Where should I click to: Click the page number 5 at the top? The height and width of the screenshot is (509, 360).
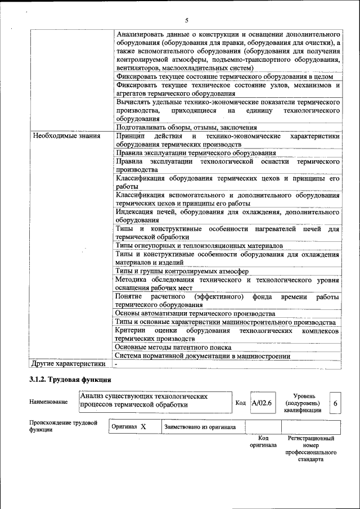pyautogui.click(x=186, y=20)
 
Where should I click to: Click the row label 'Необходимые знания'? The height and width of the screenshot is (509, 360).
pyautogui.click(x=66, y=136)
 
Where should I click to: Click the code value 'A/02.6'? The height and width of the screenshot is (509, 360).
pyautogui.click(x=262, y=403)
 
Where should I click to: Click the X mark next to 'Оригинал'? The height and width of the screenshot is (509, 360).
pyautogui.click(x=143, y=427)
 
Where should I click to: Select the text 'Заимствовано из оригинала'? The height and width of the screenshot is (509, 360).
pyautogui.click(x=200, y=427)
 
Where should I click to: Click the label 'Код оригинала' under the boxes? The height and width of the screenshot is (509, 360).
pyautogui.click(x=263, y=442)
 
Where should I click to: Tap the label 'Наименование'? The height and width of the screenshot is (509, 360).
pyautogui.click(x=48, y=402)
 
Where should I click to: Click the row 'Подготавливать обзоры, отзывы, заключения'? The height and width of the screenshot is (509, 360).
pyautogui.click(x=186, y=127)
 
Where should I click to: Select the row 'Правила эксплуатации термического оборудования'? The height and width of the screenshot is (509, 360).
pyautogui.click(x=195, y=152)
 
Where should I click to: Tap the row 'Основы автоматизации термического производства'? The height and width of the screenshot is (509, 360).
pyautogui.click(x=195, y=313)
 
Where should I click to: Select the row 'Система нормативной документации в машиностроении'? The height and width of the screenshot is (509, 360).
pyautogui.click(x=202, y=355)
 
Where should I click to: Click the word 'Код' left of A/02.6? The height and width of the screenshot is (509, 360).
pyautogui.click(x=240, y=403)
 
